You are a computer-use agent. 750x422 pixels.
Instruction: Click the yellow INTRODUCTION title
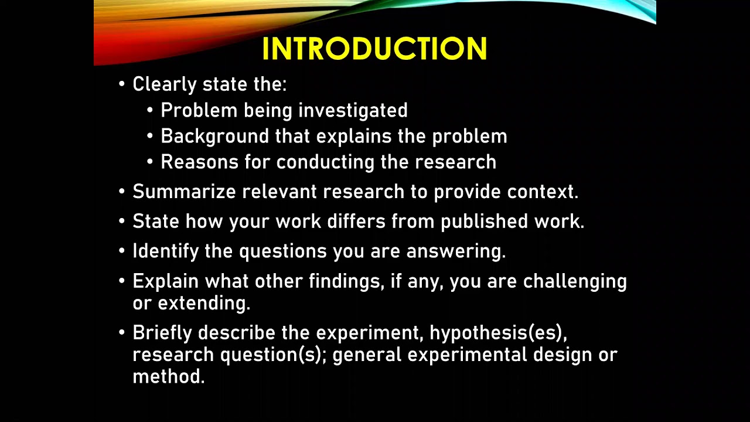coord(374,49)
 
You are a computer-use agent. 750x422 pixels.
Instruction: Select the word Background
coord(215,137)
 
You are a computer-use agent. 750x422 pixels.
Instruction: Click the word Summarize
coord(184,192)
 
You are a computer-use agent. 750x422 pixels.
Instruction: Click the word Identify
coord(166,251)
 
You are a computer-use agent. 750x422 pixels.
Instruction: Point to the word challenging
coord(575,282)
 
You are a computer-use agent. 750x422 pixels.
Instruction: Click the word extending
coord(204,304)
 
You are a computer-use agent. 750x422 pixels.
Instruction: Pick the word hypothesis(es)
coord(498,333)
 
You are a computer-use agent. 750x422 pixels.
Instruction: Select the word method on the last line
coord(168,377)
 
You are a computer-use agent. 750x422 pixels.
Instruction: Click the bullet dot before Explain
coord(122,281)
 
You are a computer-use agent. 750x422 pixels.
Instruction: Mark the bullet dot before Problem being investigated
coord(150,111)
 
